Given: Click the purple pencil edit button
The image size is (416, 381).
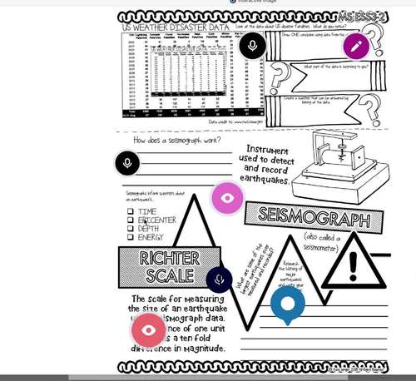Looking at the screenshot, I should pyautogui.click(x=356, y=46).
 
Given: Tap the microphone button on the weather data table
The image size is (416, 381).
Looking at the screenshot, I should pyautogui.click(x=252, y=46).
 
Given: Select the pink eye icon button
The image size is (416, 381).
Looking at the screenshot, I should pyautogui.click(x=227, y=198).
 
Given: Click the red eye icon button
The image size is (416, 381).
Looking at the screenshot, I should pyautogui.click(x=149, y=330).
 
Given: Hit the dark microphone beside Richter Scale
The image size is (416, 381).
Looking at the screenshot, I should pyautogui.click(x=220, y=280).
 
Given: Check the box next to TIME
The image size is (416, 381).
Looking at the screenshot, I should pyautogui.click(x=131, y=212).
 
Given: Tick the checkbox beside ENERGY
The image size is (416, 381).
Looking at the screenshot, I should pyautogui.click(x=131, y=237).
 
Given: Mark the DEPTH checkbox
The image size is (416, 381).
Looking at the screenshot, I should pyautogui.click(x=131, y=229).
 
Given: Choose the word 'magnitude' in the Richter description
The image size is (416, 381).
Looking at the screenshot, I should pyautogui.click(x=201, y=348).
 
